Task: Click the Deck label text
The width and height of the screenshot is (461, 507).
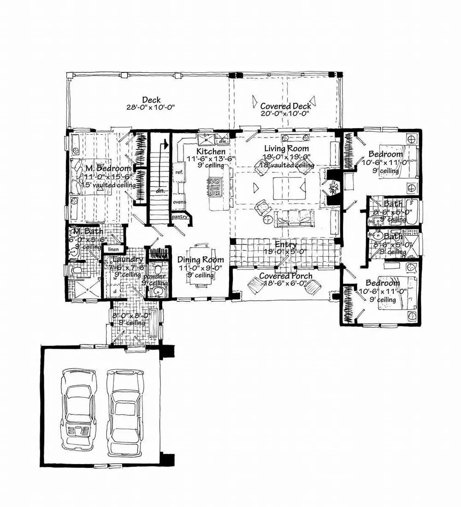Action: (151, 100)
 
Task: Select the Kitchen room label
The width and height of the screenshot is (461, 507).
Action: (211, 152)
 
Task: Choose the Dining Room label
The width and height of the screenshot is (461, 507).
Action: (201, 260)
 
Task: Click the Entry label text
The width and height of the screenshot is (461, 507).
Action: (286, 244)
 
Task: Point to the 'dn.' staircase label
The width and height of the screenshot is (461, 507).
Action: (160, 189)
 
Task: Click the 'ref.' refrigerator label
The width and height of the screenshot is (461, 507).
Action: (179, 171)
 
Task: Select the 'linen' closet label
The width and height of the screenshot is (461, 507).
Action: (113, 249)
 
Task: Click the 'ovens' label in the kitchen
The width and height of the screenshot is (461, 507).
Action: (179, 202)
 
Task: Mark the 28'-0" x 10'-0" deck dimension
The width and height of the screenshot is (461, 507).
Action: (151, 107)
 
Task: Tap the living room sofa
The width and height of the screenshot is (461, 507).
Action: (294, 217)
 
